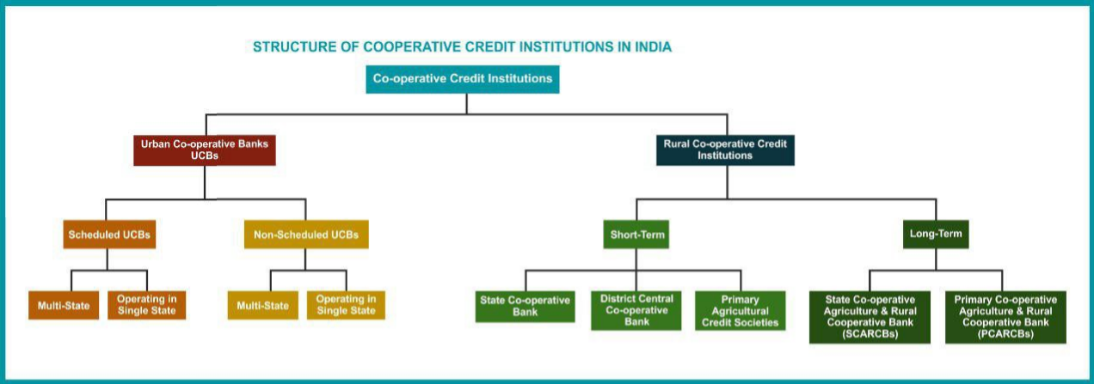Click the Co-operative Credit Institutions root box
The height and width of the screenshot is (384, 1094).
tap(463, 79)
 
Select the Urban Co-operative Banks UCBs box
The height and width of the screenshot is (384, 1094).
tap(205, 150)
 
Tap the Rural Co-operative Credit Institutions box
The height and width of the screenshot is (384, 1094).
tap(725, 150)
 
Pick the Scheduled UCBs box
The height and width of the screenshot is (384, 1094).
tap(109, 235)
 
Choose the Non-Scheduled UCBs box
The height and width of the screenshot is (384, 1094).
tap(306, 235)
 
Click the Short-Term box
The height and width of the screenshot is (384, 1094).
tap(636, 235)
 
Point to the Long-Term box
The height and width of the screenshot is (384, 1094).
tap(936, 235)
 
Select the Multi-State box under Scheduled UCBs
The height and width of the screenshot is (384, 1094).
tap(64, 306)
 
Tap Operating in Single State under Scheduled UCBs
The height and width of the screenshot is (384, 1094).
tap(146, 306)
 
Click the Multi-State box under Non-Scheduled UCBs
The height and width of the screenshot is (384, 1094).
tap(263, 306)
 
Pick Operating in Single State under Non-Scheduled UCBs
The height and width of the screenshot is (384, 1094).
tap(346, 306)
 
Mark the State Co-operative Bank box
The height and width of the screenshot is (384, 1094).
tap(525, 307)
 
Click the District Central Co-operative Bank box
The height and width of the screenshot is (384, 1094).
tap(636, 311)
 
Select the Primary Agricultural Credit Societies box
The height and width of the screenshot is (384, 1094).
tap(741, 311)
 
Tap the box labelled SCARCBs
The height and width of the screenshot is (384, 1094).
tap(870, 317)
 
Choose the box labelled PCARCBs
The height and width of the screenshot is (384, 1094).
tap(1005, 317)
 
